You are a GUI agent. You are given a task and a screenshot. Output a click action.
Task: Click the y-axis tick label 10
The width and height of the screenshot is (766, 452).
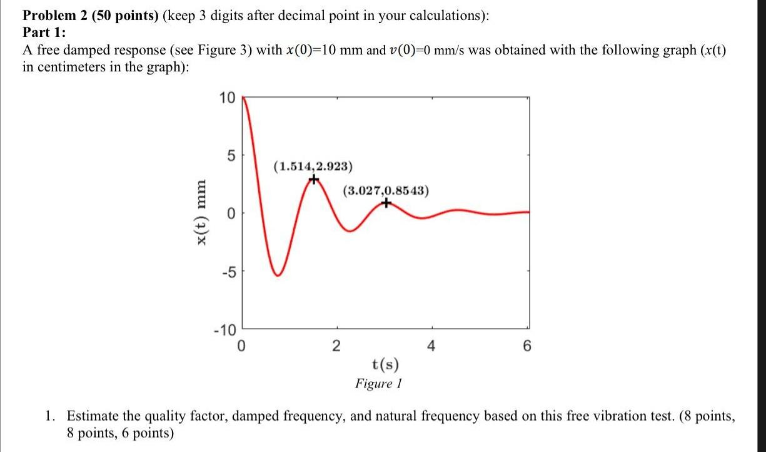[x=226, y=98]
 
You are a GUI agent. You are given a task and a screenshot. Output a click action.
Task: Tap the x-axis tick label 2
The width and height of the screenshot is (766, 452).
[x=336, y=345]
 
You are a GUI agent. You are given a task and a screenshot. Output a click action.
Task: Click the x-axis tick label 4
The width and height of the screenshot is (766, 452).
[x=432, y=345]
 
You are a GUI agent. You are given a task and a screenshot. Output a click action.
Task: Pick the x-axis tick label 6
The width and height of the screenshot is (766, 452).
[x=527, y=345]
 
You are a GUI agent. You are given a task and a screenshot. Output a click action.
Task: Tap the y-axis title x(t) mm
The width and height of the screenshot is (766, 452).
[x=200, y=214]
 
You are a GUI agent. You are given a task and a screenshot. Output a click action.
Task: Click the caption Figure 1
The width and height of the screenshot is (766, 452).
[x=378, y=383]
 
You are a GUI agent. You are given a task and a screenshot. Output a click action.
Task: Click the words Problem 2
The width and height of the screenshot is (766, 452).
[x=55, y=16]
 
